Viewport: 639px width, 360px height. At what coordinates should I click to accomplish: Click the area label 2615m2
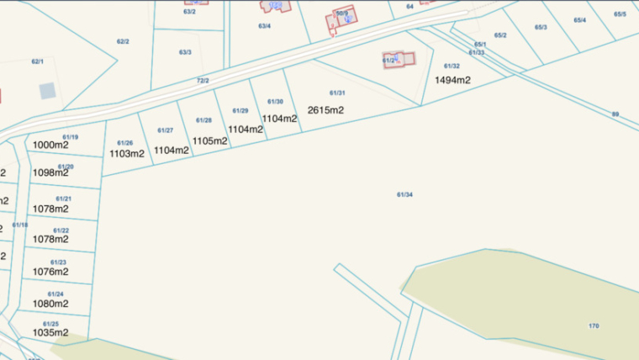click(325, 110)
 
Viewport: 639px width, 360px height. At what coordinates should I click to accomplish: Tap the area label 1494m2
click(452, 80)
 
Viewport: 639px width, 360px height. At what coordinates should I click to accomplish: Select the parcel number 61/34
click(404, 194)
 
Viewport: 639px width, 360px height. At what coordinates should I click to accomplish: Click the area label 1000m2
click(50, 145)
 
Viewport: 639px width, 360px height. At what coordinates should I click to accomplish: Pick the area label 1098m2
click(50, 173)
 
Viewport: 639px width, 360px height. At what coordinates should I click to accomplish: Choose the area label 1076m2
click(50, 272)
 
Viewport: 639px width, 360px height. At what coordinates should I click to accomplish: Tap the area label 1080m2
click(50, 303)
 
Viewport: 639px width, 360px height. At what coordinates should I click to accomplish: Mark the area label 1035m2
click(50, 332)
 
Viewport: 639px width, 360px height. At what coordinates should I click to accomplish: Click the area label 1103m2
click(127, 154)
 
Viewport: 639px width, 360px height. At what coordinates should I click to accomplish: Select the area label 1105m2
click(210, 140)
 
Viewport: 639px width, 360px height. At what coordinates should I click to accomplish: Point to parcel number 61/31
click(336, 93)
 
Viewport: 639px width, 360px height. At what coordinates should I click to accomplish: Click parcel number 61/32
click(452, 66)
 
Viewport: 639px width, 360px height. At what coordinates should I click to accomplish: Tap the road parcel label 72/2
click(203, 80)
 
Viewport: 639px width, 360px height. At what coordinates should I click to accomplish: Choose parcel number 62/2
click(123, 41)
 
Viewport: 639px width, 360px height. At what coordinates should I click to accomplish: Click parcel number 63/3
click(185, 52)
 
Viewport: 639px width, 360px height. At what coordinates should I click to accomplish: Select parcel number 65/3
click(541, 28)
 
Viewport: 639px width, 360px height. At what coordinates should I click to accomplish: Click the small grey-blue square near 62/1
click(47, 90)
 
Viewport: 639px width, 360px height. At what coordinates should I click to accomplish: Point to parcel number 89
click(615, 114)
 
